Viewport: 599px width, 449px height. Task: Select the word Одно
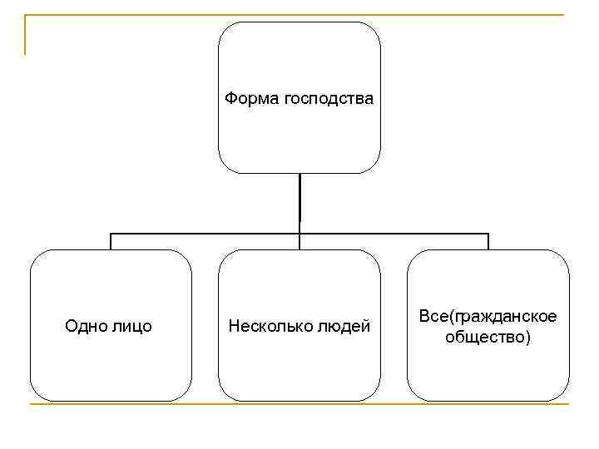pos(84,326)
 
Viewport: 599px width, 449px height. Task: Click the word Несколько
pos(270,326)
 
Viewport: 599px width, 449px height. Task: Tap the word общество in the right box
pos(485,338)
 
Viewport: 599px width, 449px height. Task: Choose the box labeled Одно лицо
pos(111,366)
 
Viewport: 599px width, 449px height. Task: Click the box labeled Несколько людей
pos(299,366)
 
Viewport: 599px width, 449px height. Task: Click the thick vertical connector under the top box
pos(299,200)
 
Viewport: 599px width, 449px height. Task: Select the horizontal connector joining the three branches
pos(208,234)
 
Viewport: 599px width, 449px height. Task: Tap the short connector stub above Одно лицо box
pos(111,241)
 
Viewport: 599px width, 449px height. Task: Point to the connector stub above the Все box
pos(488,241)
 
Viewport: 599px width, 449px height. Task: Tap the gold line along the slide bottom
pos(299,405)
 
